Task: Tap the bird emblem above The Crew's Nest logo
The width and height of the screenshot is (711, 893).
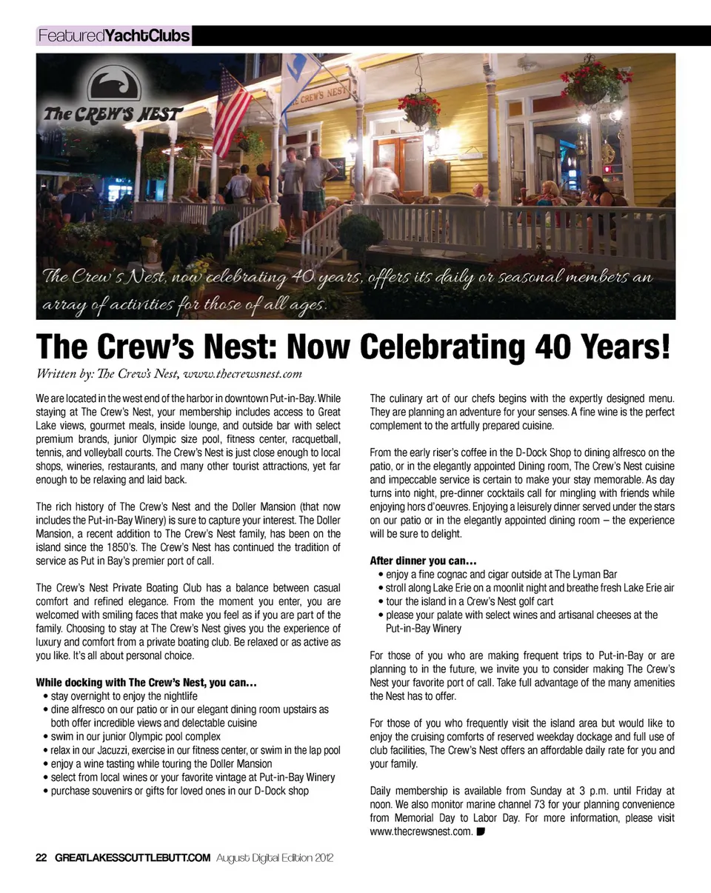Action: [x=114, y=86]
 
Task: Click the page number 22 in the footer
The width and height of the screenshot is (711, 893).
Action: [x=41, y=857]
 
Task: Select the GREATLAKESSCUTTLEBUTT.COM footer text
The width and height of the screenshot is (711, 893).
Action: [x=132, y=857]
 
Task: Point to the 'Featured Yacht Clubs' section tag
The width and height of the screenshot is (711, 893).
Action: [x=113, y=35]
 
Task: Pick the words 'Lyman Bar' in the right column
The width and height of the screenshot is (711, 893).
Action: [x=593, y=574]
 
